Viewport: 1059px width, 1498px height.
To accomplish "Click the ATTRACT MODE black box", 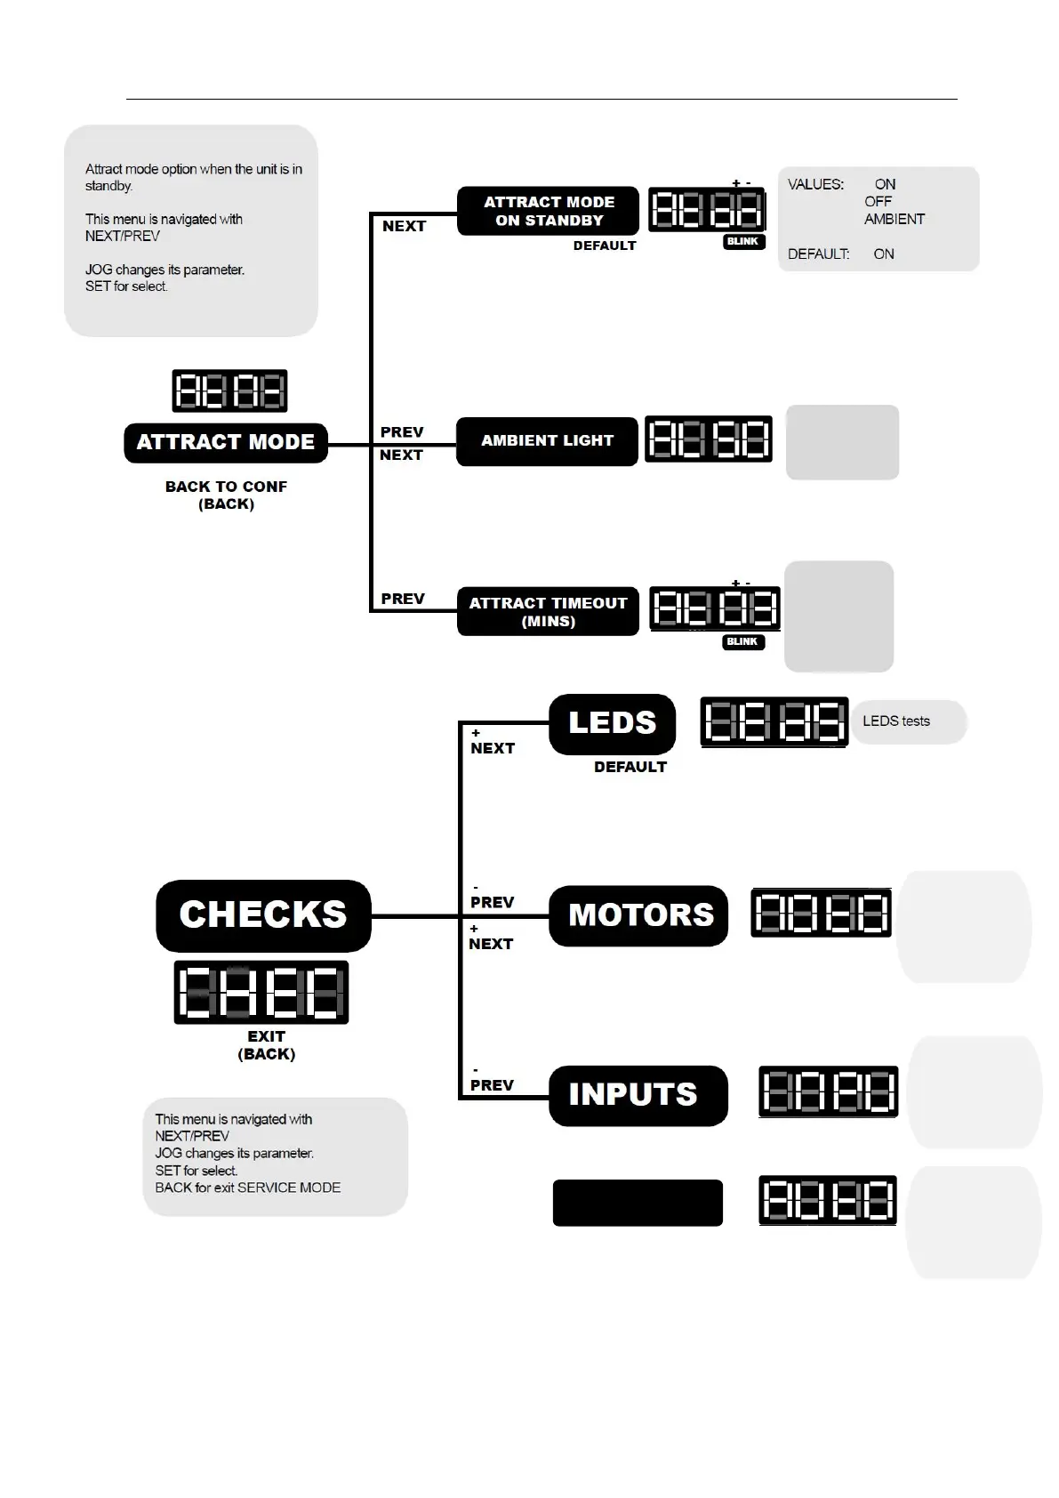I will tap(226, 442).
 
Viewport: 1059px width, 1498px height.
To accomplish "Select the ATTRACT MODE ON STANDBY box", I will tap(549, 211).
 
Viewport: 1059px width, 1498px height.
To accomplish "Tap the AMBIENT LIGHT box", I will tap(547, 440).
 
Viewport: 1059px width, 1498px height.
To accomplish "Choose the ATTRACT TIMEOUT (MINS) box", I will tap(548, 611).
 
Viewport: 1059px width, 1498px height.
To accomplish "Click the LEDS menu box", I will tap(612, 723).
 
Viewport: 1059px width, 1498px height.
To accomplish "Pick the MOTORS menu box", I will tap(639, 915).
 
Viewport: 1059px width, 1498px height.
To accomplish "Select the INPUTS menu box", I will tap(638, 1095).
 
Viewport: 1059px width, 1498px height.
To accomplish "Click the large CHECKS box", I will tap(263, 915).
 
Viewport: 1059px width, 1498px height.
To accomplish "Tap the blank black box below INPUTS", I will tap(638, 1203).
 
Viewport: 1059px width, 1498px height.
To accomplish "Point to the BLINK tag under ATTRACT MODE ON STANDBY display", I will tap(743, 241).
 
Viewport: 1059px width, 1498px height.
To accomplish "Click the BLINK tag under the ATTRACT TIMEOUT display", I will tap(742, 641).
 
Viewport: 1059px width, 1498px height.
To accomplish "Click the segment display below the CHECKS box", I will tap(261, 992).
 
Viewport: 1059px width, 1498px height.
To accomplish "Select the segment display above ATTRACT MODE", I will tap(229, 391).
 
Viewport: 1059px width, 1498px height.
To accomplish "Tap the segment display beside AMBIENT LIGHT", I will tap(708, 439).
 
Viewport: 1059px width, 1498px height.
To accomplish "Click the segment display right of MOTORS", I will tap(821, 913).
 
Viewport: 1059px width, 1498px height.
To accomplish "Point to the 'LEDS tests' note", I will tap(896, 721).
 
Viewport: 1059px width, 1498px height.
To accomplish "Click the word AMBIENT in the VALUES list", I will tap(894, 219).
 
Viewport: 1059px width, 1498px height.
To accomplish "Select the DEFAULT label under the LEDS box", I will tap(630, 767).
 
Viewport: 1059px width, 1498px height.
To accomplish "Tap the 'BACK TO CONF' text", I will tap(226, 487).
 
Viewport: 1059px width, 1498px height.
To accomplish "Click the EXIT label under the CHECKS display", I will tap(266, 1036).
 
